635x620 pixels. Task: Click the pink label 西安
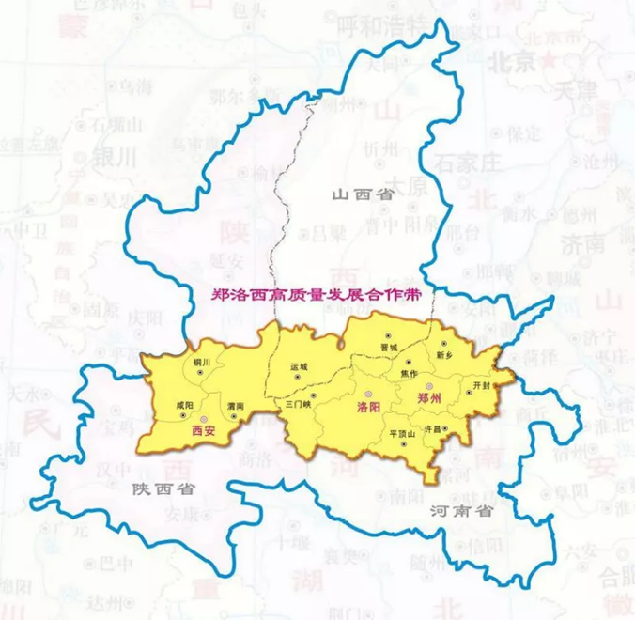(x=203, y=431)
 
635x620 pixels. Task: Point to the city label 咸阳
(x=184, y=404)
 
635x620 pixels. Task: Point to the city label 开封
(x=482, y=385)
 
